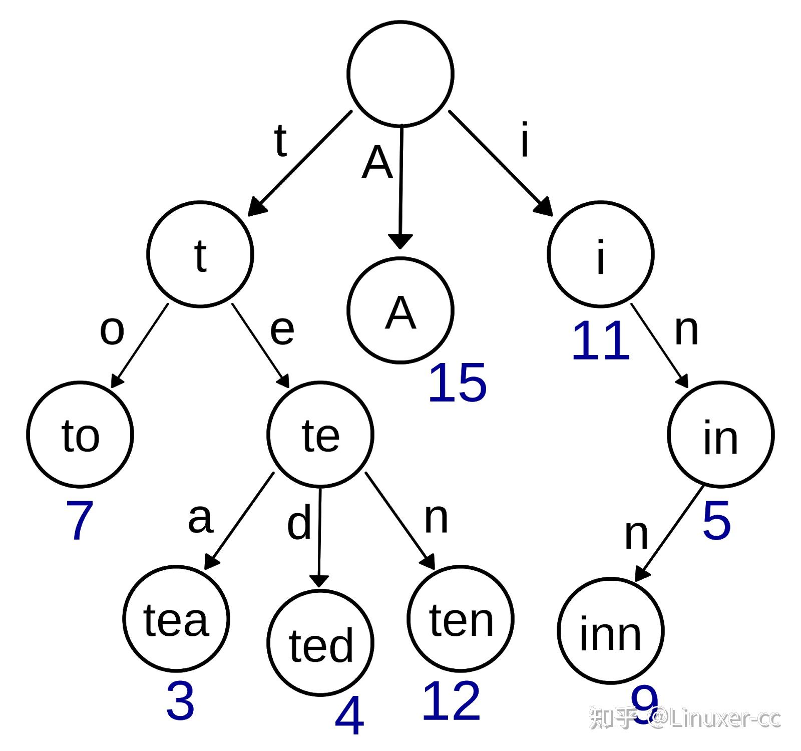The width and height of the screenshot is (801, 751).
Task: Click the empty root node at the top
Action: click(400, 74)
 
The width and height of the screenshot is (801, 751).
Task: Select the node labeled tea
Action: click(176, 618)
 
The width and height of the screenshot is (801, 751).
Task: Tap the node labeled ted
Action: click(320, 643)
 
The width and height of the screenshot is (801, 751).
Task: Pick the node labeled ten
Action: click(461, 618)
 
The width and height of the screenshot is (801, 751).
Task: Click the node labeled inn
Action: click(610, 631)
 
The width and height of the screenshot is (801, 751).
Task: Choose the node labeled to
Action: click(80, 434)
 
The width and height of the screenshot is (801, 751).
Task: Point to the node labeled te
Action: click(320, 434)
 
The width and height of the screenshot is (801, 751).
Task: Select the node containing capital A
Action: click(400, 310)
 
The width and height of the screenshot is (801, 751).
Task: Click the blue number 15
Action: click(457, 384)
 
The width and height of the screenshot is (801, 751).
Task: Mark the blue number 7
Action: click(80, 521)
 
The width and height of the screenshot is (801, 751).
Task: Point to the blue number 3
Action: click(180, 701)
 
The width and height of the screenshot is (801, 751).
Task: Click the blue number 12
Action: click(451, 701)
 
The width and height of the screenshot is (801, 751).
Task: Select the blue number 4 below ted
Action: click(349, 717)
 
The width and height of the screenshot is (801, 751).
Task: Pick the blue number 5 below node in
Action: click(716, 521)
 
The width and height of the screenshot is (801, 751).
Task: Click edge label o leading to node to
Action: click(112, 330)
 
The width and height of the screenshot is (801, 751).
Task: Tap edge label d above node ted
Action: click(299, 523)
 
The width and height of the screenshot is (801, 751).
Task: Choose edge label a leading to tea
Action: click(200, 518)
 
